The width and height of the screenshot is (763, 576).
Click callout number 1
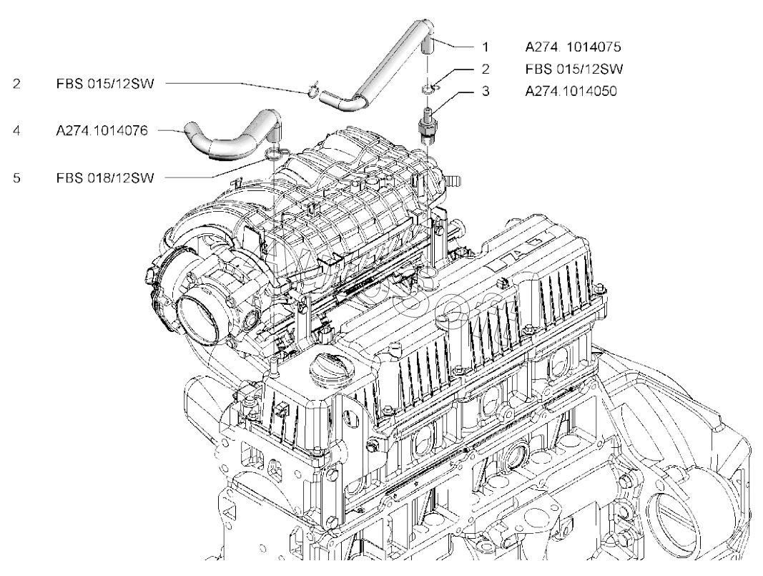(x=485, y=47)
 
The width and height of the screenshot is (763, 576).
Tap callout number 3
(x=485, y=92)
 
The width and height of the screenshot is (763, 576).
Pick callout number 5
(x=16, y=176)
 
